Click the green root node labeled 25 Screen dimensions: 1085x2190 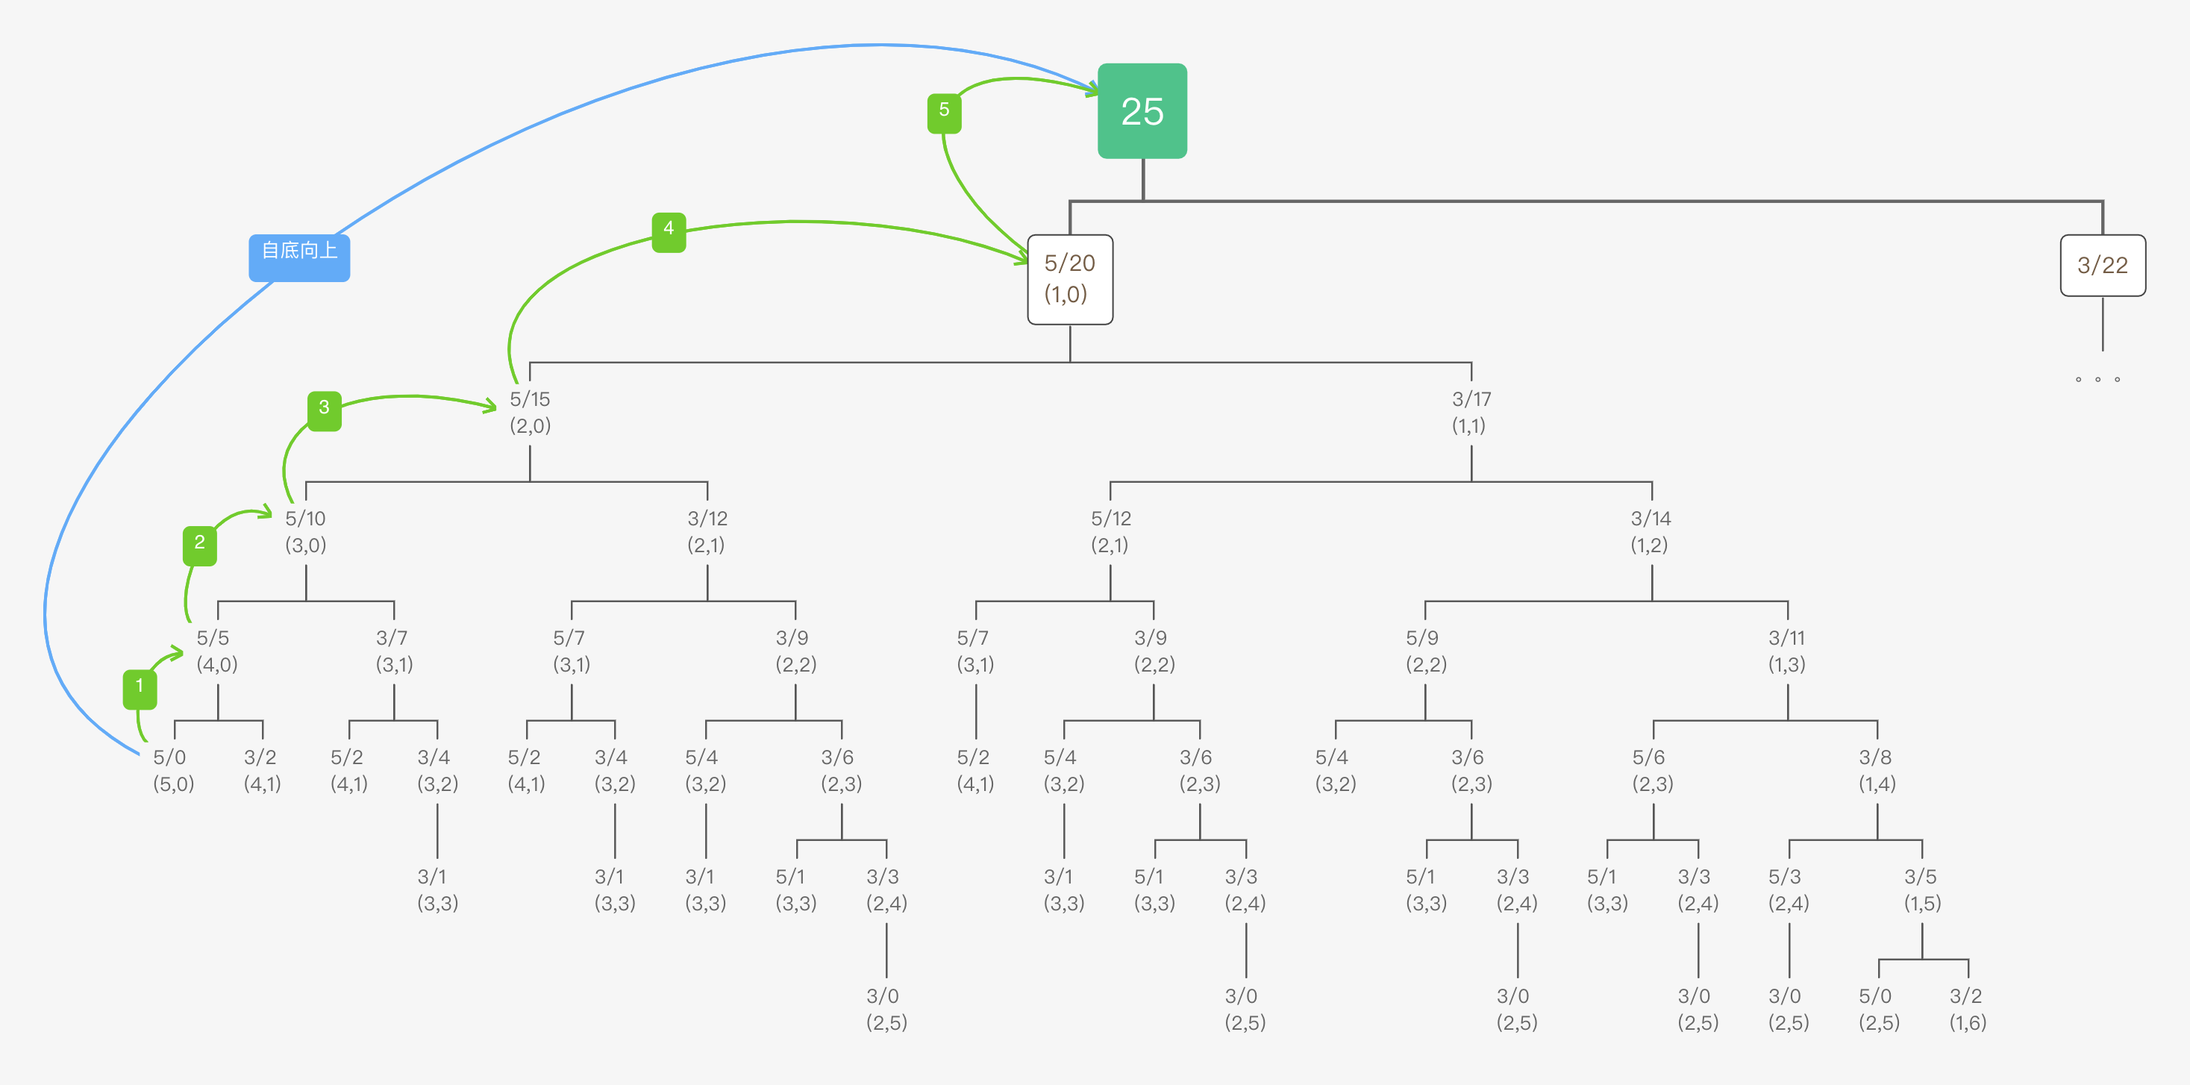tap(1142, 110)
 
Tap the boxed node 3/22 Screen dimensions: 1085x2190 tap(2102, 266)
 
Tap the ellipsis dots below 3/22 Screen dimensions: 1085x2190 tap(2097, 379)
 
